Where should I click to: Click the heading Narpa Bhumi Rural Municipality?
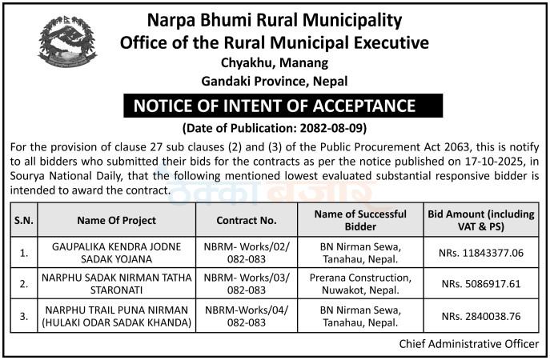tap(274, 20)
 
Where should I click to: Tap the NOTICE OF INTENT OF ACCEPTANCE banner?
tap(275, 106)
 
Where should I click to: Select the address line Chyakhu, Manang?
tap(275, 62)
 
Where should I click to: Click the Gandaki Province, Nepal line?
tap(275, 80)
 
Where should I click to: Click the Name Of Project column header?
tap(116, 220)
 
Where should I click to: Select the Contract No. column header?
tap(247, 220)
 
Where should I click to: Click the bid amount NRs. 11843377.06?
tap(486, 253)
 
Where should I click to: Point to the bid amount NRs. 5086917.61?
tap(486, 284)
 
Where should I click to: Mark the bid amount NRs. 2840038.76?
tap(486, 316)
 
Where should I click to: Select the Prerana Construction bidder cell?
tap(360, 284)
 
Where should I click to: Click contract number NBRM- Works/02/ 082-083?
tap(247, 253)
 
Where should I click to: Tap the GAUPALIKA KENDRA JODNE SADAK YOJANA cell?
tap(116, 253)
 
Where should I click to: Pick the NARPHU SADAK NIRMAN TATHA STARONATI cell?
tap(116, 284)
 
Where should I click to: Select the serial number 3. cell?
tap(24, 316)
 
